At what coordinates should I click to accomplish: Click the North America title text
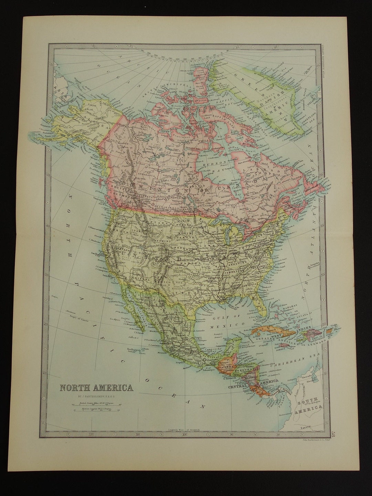coord(97,388)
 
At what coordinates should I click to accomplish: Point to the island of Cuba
coord(272,331)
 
